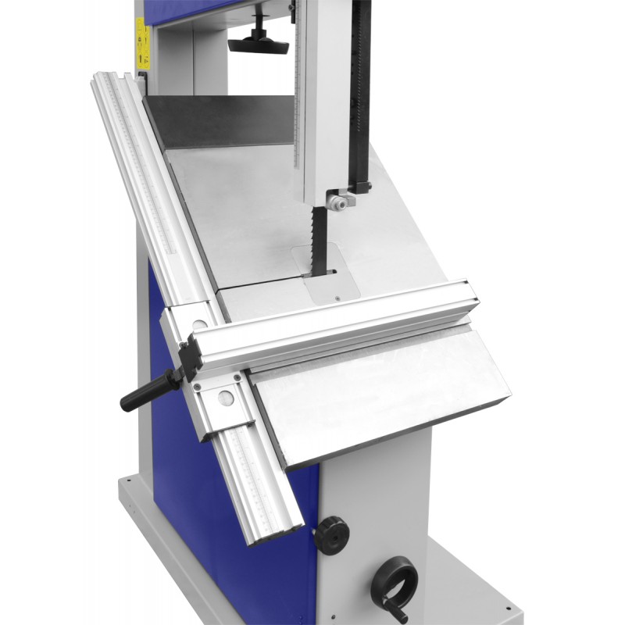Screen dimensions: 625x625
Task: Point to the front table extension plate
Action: [x=383, y=391]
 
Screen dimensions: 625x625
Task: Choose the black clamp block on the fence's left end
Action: [x=190, y=360]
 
